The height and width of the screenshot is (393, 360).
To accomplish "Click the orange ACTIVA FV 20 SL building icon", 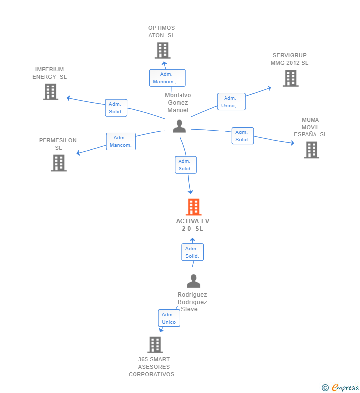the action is point(193,207).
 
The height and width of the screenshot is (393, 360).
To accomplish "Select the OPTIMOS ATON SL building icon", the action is point(163,50).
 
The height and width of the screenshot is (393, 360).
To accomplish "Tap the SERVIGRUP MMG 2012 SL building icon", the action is point(291,78).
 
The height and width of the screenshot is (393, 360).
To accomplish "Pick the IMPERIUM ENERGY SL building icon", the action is point(50,92).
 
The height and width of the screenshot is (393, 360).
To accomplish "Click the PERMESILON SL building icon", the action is point(59,163).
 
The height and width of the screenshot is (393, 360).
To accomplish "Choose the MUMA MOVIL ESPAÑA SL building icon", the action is point(312,150).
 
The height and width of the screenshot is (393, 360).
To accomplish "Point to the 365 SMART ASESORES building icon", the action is point(155,345).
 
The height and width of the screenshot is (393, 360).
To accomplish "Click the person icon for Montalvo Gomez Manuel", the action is point(179,126).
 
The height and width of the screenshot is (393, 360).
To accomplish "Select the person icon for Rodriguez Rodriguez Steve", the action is point(193,281).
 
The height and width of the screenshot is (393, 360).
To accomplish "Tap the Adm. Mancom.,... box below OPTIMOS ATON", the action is point(168,78).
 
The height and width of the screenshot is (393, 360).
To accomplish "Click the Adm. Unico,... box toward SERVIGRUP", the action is point(231,101).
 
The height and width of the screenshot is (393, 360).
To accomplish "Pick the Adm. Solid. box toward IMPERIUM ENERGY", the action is point(116,108).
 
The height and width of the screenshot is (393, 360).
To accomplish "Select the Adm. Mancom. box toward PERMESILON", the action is point(121,141).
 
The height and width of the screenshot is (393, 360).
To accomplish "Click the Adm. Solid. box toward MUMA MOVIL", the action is point(243,136).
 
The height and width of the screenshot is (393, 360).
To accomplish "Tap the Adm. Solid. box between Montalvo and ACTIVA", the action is point(185,165).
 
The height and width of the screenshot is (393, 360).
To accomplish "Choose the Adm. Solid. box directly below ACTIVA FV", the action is point(192,252).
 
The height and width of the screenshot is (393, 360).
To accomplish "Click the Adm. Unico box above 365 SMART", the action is point(169,318).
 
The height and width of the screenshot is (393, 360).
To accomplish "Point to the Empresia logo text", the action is point(345,387).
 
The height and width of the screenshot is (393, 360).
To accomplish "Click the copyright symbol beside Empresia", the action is point(325,388).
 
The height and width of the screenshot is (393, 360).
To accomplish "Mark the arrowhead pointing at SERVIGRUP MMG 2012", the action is point(270,88).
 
